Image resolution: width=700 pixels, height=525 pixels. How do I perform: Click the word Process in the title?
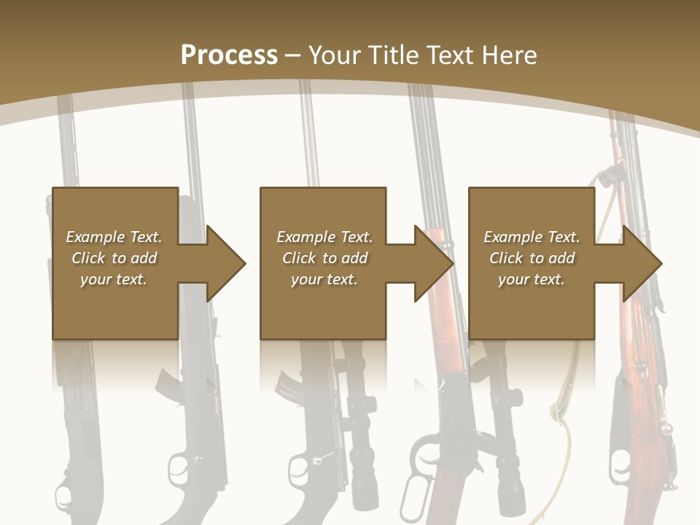click(229, 55)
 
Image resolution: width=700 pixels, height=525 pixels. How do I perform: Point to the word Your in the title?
click(335, 55)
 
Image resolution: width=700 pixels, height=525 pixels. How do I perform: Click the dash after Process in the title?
click(293, 55)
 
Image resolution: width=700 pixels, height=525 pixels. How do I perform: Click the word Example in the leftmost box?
click(95, 237)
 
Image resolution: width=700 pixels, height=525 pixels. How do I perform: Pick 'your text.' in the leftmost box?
click(114, 279)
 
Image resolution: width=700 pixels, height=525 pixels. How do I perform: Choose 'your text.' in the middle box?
click(324, 279)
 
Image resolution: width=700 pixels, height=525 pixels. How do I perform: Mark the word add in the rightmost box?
click(561, 258)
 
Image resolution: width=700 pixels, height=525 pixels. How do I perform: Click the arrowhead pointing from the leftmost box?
click(226, 263)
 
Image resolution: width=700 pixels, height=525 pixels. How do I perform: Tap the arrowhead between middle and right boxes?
click(434, 263)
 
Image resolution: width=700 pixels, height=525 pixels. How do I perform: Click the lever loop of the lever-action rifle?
click(422, 467)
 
